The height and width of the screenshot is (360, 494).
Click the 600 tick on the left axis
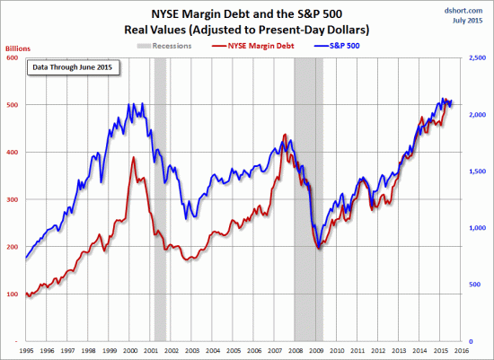point(13,57)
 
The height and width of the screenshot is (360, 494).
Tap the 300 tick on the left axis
point(13,199)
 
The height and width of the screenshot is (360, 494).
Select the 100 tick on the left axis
point(13,294)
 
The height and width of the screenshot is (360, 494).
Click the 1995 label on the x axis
point(27,352)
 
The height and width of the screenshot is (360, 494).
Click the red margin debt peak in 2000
point(134,158)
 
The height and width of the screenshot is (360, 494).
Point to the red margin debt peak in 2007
point(285,136)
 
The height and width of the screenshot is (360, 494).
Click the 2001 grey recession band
point(160,198)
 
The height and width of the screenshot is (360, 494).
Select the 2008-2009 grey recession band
point(308,198)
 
